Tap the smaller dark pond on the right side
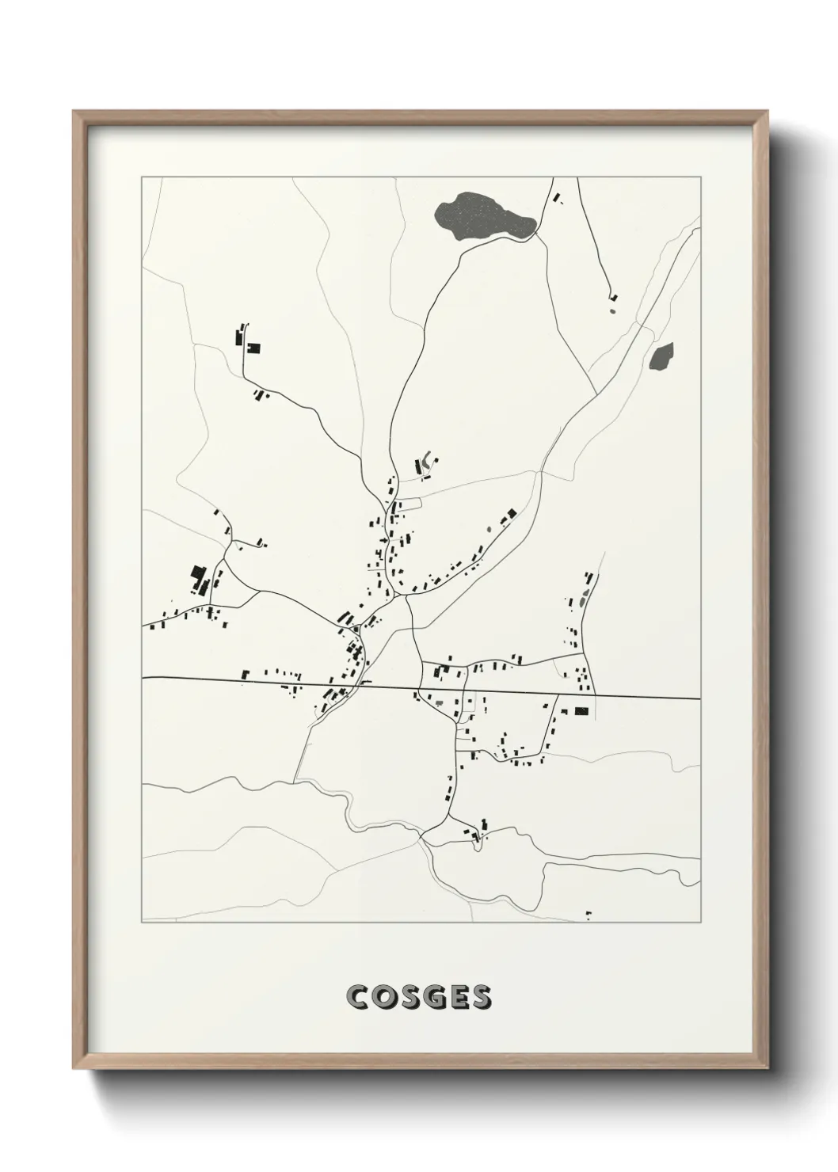[661, 356]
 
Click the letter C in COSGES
[357, 997]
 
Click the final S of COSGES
[479, 997]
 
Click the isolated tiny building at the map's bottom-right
[588, 915]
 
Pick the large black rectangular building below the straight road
[582, 711]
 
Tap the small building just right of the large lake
[556, 196]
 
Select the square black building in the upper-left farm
[254, 347]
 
